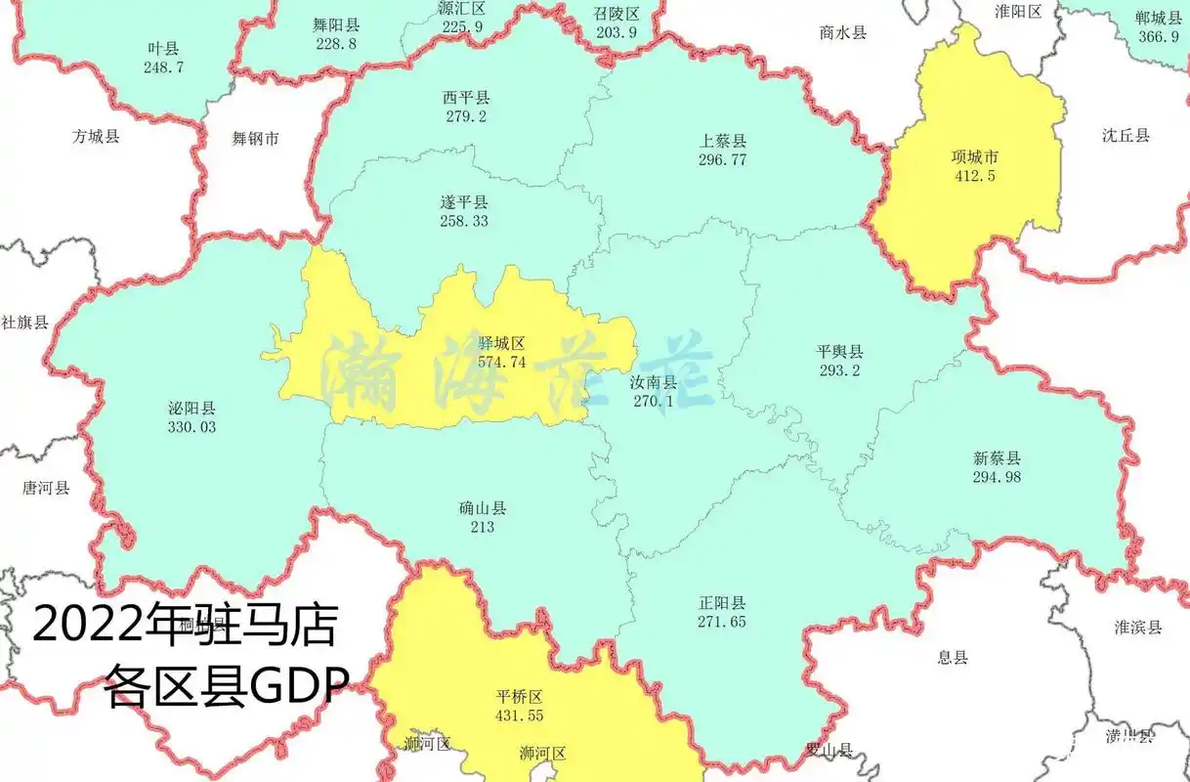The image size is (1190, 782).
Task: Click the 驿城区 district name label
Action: [x=502, y=344]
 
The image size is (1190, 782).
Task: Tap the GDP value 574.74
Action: [x=502, y=362]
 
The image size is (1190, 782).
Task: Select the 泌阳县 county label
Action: [x=191, y=409]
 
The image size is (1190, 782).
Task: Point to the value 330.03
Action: [x=191, y=427]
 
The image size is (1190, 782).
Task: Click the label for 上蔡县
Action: [x=723, y=141]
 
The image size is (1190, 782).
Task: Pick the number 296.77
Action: [x=723, y=159]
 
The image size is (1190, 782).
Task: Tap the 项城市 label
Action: [x=975, y=156]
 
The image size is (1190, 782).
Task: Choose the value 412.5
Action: [x=975, y=176]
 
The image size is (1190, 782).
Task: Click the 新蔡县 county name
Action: [x=997, y=457]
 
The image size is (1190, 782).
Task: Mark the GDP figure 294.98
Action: [x=997, y=476]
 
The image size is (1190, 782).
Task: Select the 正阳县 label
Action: [x=722, y=602]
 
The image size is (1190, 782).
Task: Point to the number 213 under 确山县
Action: [x=483, y=528]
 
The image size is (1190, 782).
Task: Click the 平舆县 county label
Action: [x=840, y=352]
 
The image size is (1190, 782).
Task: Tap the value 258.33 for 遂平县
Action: [x=464, y=221]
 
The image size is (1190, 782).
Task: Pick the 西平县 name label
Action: [x=466, y=98]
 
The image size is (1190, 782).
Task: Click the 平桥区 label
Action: [x=519, y=697]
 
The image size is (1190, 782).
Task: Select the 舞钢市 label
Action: [x=255, y=139]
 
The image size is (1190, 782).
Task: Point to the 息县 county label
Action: [x=953, y=657]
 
